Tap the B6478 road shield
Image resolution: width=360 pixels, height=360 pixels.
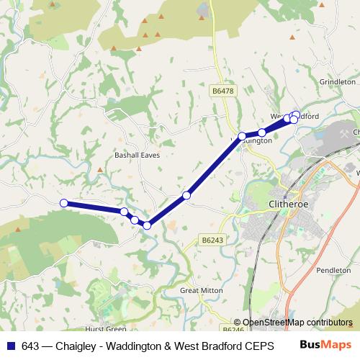click(x=223, y=91)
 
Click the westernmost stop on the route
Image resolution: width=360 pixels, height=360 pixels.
click(x=63, y=203)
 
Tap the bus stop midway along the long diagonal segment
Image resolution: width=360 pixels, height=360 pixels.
click(x=186, y=195)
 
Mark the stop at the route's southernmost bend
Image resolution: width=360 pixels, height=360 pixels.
click(x=147, y=225)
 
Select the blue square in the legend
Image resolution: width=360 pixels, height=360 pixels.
click(x=10, y=345)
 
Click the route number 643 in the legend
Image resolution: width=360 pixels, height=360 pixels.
click(x=30, y=345)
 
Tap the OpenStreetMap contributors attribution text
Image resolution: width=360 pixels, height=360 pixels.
click(x=297, y=323)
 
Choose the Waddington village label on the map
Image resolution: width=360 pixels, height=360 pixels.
click(x=253, y=141)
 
